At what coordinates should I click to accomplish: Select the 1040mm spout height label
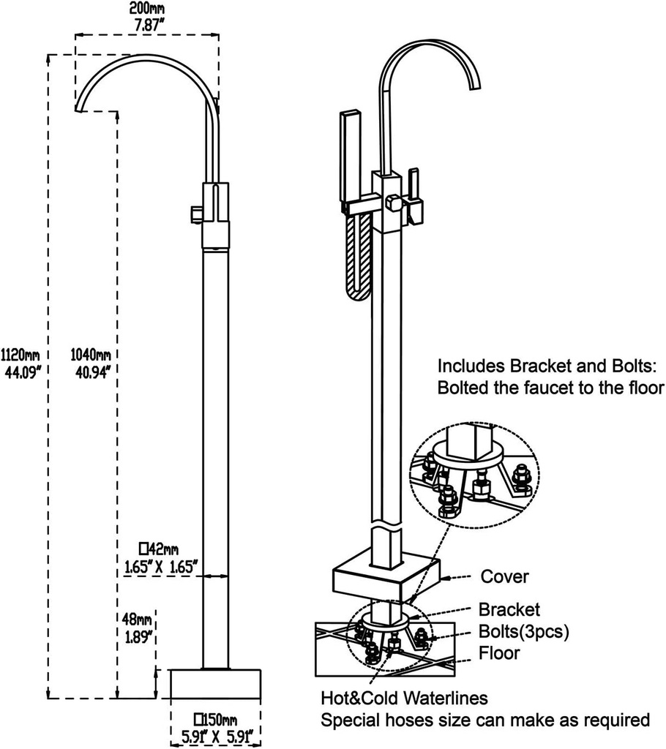tap(91, 355)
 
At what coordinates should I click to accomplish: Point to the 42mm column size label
tap(159, 549)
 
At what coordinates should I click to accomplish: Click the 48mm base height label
tap(138, 620)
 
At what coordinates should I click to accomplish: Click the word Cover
tap(504, 577)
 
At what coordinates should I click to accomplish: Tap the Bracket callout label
tap(509, 609)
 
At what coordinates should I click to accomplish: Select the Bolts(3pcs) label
tap(523, 631)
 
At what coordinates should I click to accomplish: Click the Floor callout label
tap(499, 652)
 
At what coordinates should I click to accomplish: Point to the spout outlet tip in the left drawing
tap(79, 110)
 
